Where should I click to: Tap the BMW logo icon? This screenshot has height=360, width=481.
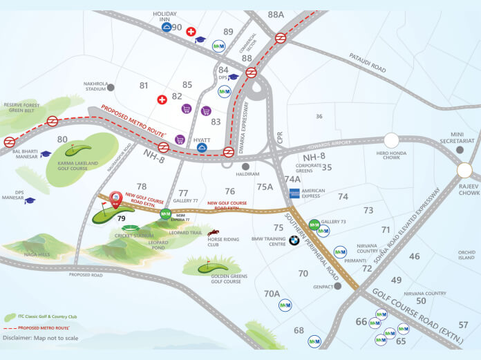click(x=294, y=240)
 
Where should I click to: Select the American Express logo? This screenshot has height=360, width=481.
click(x=294, y=194)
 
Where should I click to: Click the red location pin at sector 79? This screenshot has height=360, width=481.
click(x=117, y=199)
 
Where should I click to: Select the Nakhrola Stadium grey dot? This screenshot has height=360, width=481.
click(x=111, y=87)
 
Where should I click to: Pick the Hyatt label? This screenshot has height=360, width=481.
click(x=202, y=139)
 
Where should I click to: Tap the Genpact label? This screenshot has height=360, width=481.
click(x=323, y=286)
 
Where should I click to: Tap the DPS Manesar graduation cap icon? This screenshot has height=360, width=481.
click(x=30, y=200)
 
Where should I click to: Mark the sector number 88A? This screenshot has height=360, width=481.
click(x=276, y=15)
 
